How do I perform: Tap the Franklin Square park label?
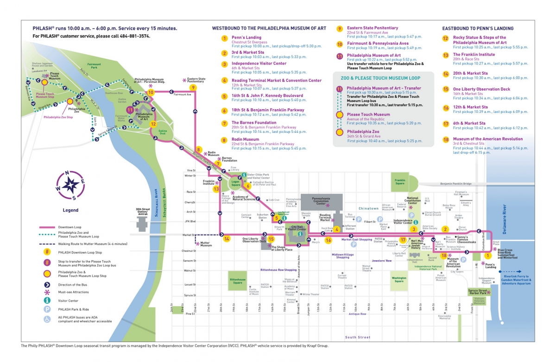[400, 181]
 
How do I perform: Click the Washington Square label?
[399, 280]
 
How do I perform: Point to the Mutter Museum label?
[205, 244]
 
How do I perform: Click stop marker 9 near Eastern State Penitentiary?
[193, 87]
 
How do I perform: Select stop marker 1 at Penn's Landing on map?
[487, 255]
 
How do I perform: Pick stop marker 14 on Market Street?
[227, 239]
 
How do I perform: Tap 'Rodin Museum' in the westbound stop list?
[246, 139]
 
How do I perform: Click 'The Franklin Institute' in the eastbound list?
[474, 55]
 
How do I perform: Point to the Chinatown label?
[368, 209]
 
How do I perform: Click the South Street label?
[357, 337]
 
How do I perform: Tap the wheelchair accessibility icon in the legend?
[47, 319]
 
